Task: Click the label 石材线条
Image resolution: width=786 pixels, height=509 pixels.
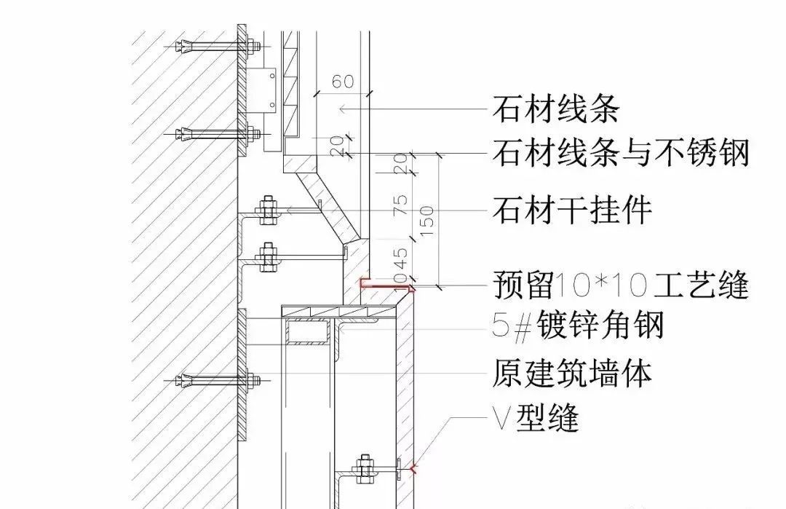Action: pos(555,110)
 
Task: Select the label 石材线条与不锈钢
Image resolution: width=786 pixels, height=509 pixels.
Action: pos(621,154)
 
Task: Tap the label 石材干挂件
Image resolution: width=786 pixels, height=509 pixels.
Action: pos(572,211)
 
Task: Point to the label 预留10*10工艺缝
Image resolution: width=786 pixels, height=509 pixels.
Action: pos(621,285)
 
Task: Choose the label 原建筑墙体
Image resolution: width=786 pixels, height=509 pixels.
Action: pos(572,373)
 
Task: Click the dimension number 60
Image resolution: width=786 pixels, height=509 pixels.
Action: pos(343,81)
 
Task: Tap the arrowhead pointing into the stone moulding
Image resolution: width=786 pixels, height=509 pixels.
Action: pos(341,110)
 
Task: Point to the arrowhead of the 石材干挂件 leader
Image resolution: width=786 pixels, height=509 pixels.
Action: pos(290,210)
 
